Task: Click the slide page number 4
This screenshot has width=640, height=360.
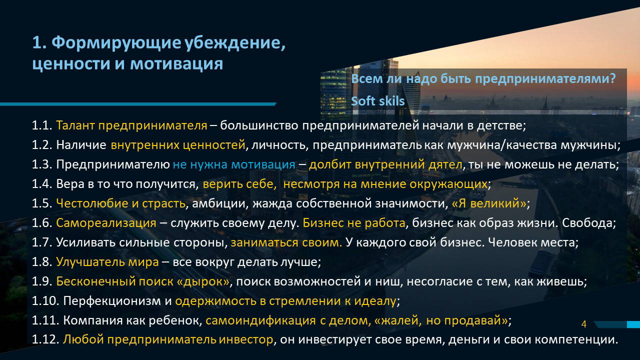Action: tap(583, 324)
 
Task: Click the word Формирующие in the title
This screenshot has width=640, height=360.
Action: tap(116, 43)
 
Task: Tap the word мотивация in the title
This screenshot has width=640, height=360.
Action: tap(176, 63)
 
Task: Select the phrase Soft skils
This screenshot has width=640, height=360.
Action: tap(377, 101)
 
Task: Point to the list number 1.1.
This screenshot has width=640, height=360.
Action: tap(42, 125)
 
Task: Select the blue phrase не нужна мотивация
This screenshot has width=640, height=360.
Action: tap(234, 164)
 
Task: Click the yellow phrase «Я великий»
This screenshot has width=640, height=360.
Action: tap(489, 203)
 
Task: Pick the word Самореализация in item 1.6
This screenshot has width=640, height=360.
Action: tap(106, 223)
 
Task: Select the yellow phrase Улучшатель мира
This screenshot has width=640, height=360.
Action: tap(107, 262)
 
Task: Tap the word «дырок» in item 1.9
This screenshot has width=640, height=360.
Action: tap(203, 281)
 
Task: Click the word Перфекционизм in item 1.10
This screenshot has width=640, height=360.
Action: tap(112, 301)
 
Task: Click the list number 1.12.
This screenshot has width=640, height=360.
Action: tap(45, 339)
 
